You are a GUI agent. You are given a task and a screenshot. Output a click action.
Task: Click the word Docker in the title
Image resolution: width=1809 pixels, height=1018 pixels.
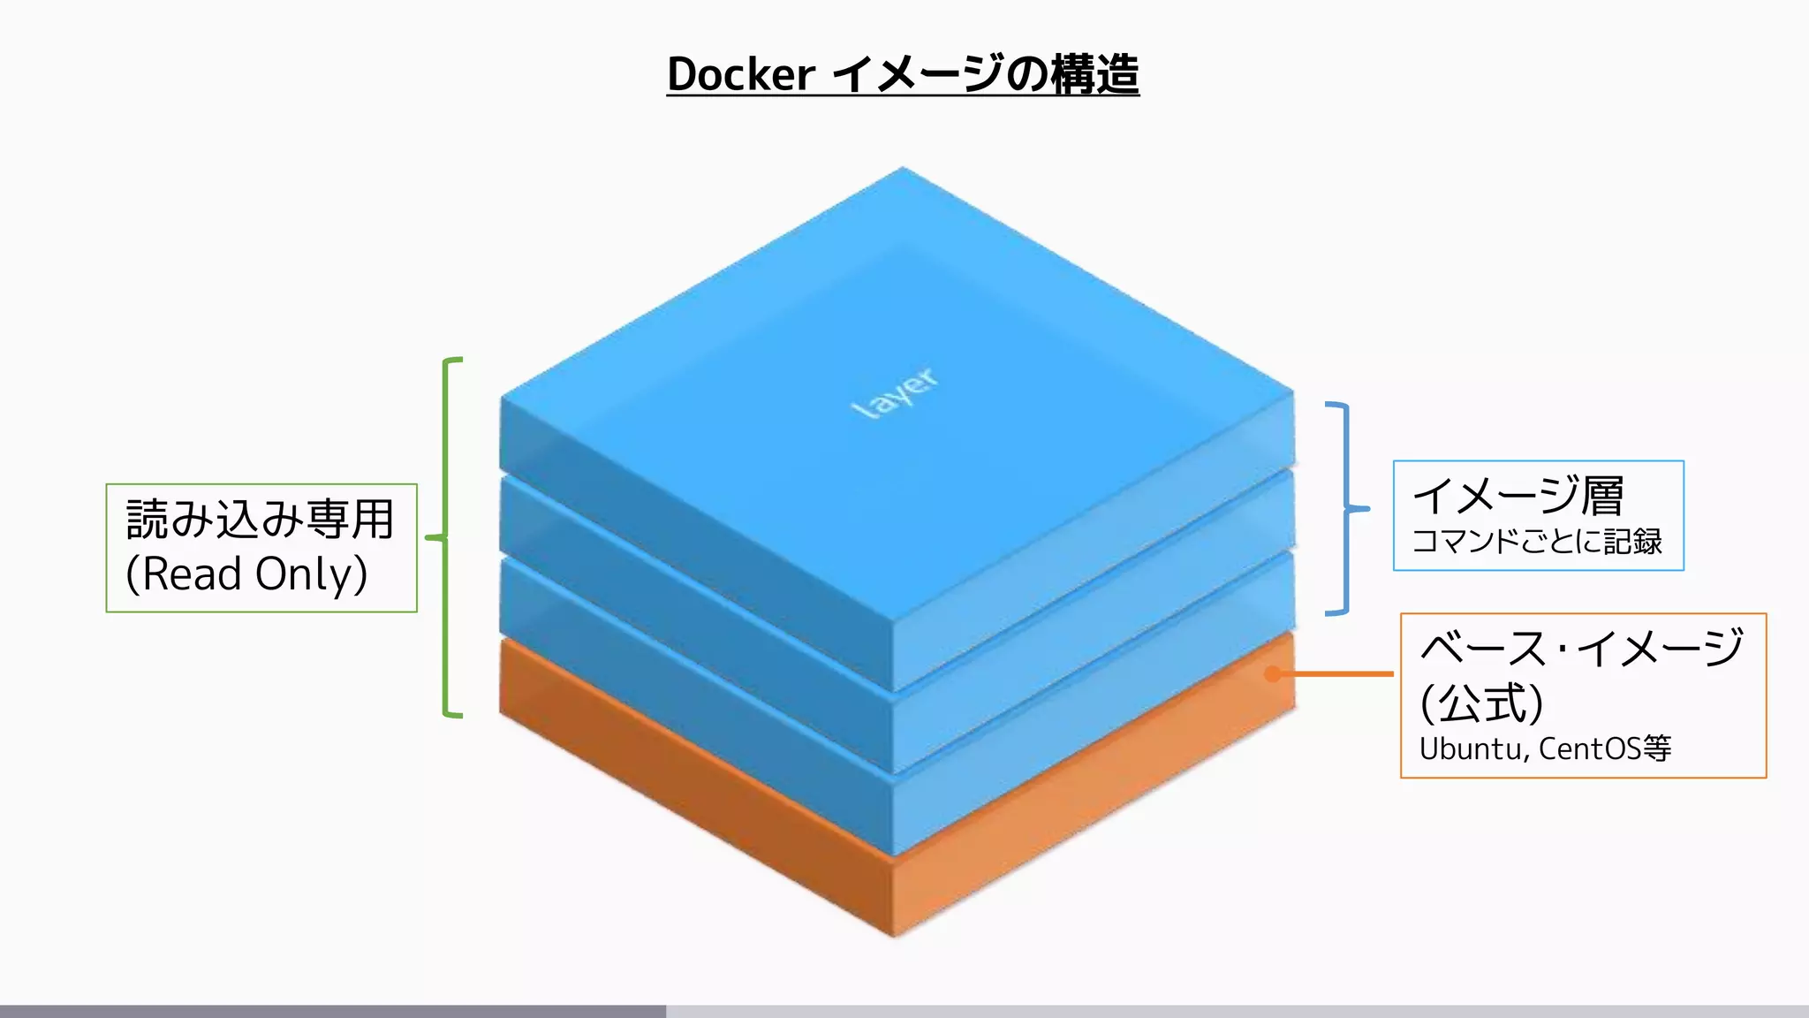(740, 74)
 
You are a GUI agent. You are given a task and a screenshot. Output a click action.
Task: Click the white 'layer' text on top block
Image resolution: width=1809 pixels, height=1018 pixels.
(895, 391)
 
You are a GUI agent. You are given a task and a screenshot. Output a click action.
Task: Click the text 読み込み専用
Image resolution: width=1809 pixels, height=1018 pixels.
(260, 520)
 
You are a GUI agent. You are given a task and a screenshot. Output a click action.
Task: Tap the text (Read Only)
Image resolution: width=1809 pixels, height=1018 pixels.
(246, 574)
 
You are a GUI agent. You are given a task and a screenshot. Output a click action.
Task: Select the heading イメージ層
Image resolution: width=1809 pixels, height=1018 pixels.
(1518, 496)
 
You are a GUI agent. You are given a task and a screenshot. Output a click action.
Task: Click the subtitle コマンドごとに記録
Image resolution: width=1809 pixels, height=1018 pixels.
(1537, 541)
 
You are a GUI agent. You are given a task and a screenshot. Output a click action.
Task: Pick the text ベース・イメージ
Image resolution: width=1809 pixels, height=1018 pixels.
(1581, 649)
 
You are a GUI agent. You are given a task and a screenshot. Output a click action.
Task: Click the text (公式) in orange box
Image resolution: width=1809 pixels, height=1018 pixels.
(1481, 703)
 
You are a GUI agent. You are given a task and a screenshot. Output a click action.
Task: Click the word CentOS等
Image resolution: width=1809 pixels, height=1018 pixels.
(1604, 749)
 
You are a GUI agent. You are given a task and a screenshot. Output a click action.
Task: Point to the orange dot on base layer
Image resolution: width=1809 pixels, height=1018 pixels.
(1272, 674)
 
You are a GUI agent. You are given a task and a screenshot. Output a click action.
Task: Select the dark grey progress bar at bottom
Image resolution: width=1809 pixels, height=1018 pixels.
(332, 1011)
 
